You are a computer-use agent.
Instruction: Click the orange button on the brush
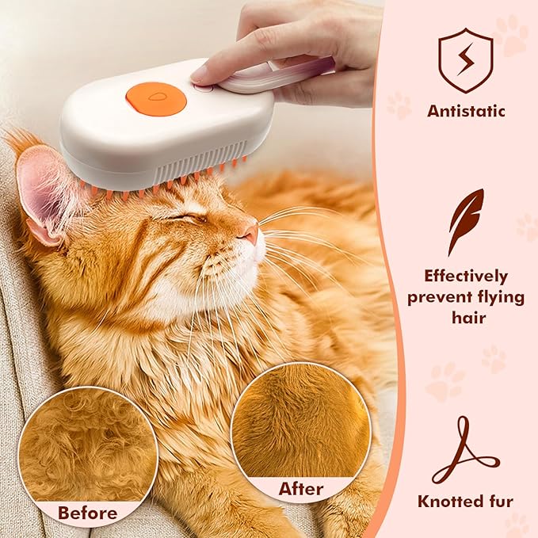(155, 98)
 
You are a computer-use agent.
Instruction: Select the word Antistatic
(465, 110)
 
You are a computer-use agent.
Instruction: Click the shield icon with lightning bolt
(465, 60)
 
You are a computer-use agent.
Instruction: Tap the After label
(300, 489)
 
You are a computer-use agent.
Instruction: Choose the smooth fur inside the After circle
(301, 420)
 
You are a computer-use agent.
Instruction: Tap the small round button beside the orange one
(204, 88)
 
